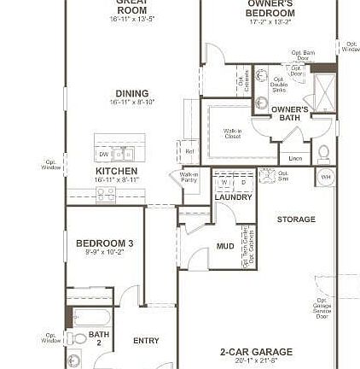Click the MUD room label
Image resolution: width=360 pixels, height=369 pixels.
point(226,254)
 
